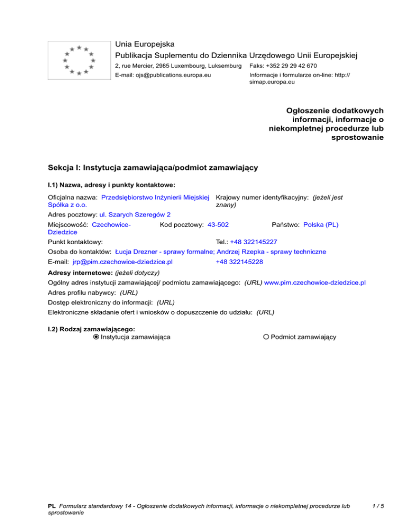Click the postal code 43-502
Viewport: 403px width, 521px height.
(218, 225)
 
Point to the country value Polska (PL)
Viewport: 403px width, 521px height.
(321, 225)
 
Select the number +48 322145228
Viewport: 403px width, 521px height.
(239, 262)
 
